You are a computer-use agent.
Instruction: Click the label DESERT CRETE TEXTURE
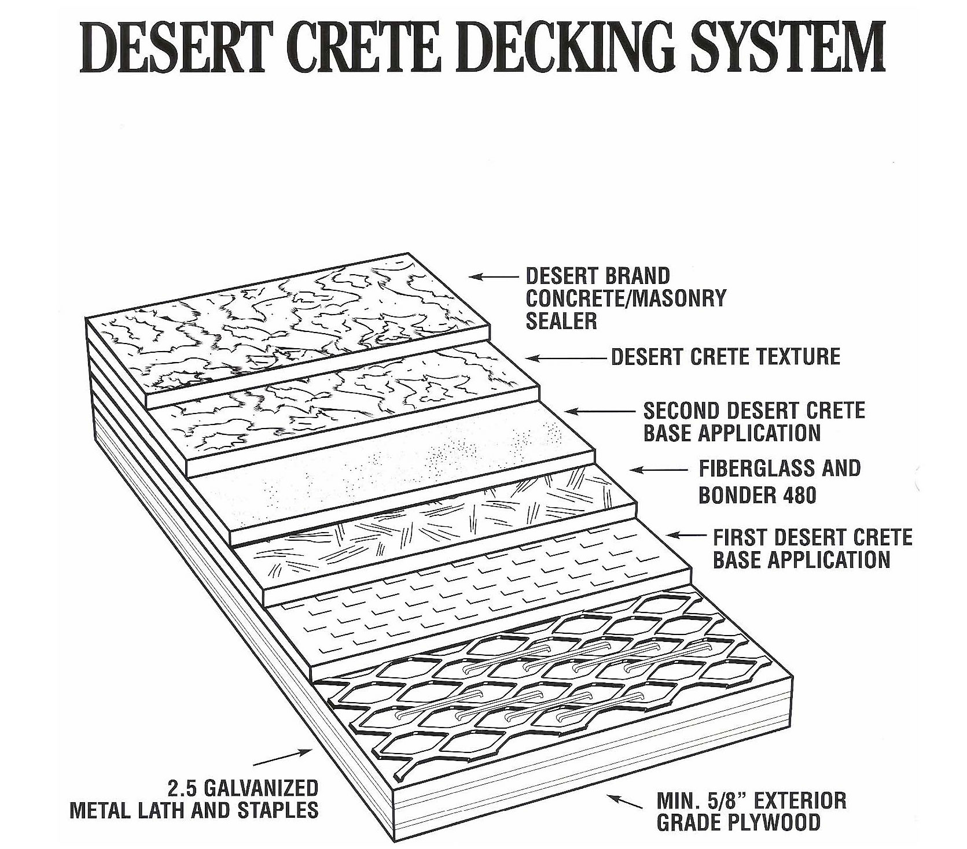tap(726, 357)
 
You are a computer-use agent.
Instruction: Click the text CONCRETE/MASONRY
tap(625, 298)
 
